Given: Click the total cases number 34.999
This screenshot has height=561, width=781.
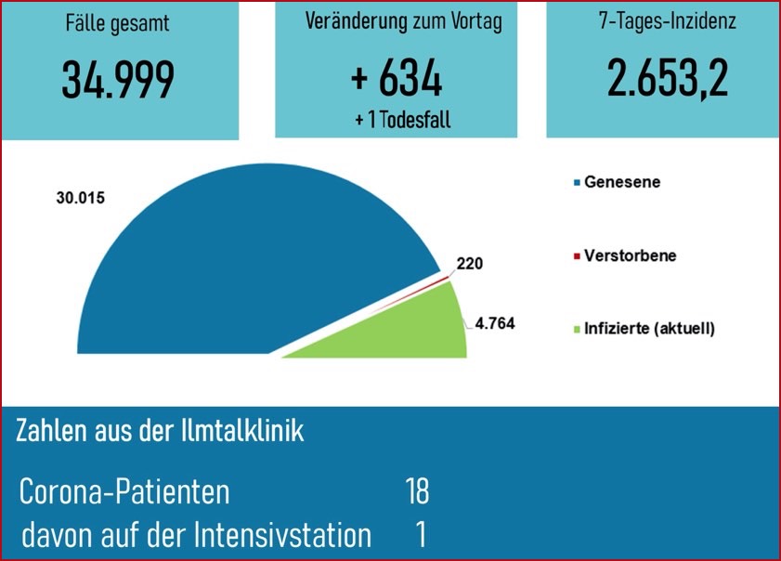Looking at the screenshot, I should [x=118, y=80].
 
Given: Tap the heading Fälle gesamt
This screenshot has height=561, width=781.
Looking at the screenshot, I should [x=118, y=23].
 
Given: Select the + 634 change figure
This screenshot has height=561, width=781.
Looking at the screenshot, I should [x=397, y=80].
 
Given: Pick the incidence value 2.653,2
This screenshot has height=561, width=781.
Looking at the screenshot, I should [x=668, y=80].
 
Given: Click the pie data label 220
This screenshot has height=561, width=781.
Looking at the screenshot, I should [x=469, y=264].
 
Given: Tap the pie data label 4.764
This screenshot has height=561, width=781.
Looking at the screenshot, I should [x=494, y=324].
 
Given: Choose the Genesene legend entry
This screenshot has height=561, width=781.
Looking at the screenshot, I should [x=622, y=182].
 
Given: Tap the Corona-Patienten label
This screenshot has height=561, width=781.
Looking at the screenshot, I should [x=124, y=491].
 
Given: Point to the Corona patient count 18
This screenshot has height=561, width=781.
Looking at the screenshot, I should [x=416, y=491].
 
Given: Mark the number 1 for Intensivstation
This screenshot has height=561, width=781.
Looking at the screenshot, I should [x=422, y=536].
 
